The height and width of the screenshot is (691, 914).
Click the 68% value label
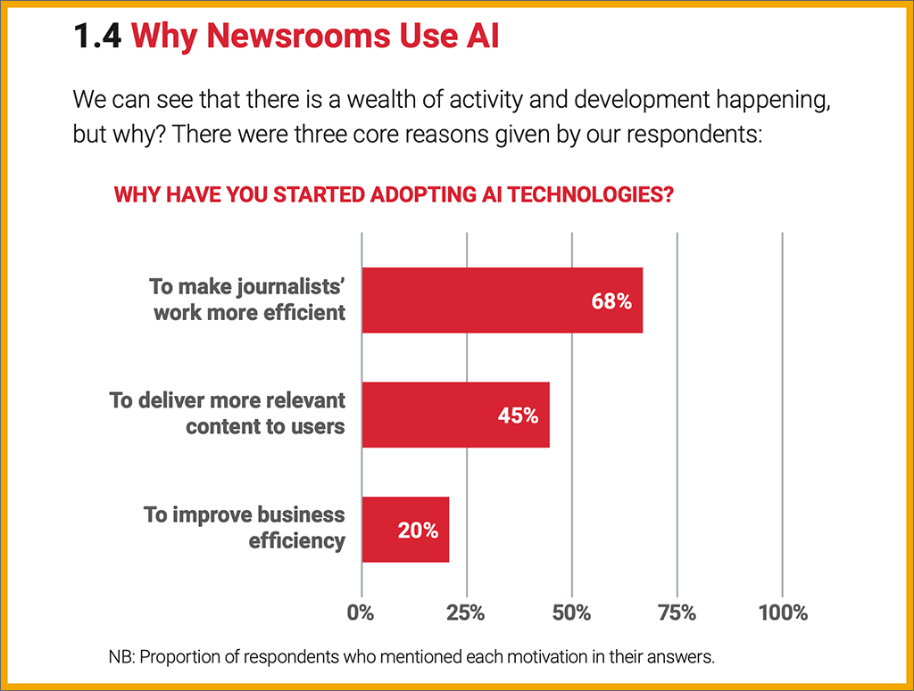coord(611,301)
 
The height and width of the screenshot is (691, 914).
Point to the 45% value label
coord(518,415)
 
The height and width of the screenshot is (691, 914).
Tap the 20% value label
coord(418,531)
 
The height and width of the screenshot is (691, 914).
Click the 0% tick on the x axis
coord(361,613)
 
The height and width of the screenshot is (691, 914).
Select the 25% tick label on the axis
coord(466,613)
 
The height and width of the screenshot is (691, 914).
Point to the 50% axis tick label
coord(571,613)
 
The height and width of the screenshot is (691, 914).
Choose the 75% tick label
coord(677,613)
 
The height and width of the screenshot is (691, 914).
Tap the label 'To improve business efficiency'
coord(245,528)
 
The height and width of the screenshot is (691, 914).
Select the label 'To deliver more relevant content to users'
coord(228,413)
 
